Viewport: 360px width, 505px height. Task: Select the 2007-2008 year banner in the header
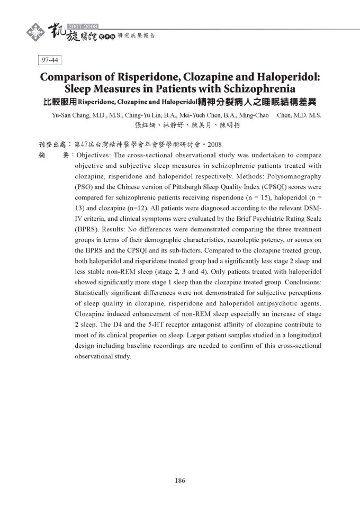pos(84,25)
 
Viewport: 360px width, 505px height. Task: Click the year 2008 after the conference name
pos(214,144)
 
